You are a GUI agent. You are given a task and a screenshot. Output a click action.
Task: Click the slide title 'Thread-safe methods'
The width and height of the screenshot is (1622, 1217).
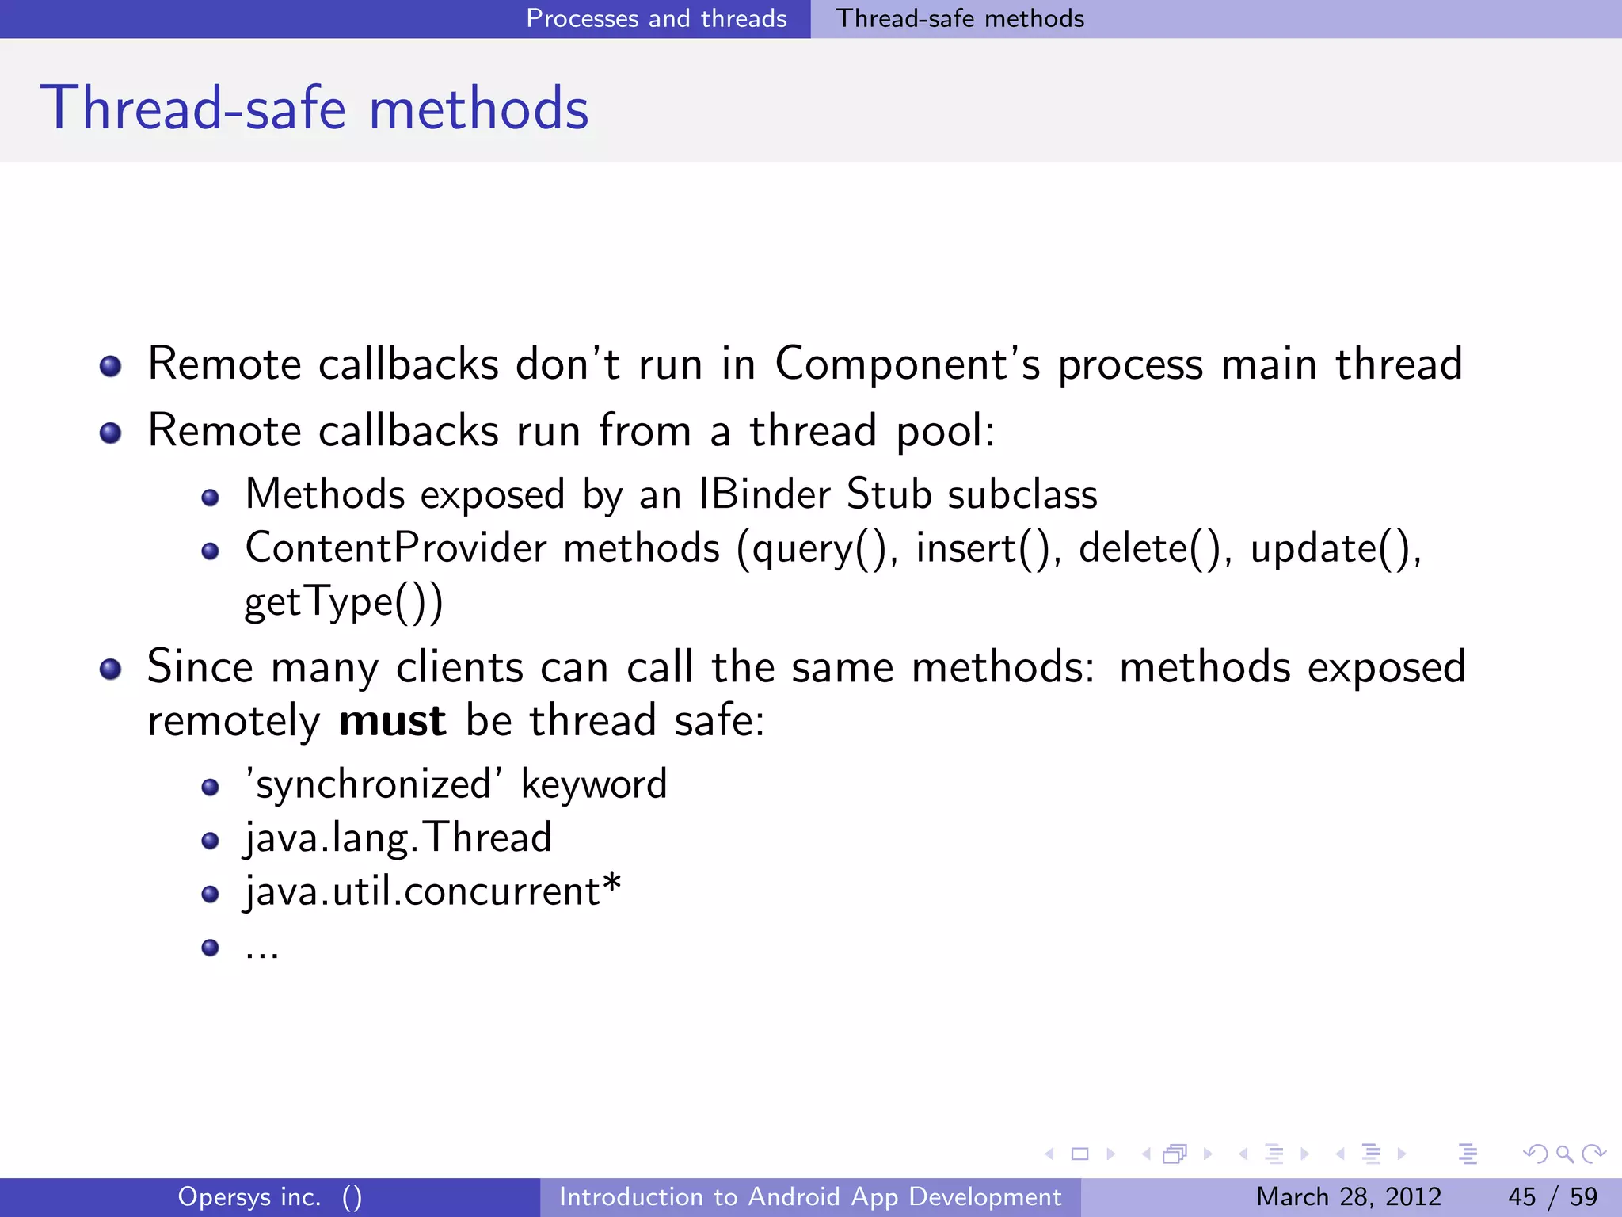314,108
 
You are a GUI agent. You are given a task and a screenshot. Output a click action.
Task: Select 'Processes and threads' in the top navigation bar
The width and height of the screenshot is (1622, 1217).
656,18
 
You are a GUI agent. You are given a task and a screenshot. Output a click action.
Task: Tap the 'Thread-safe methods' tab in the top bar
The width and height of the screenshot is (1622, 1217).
960,18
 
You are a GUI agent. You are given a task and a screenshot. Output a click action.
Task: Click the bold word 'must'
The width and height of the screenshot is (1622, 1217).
392,721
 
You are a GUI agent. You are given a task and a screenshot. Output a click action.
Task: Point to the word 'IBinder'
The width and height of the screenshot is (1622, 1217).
764,494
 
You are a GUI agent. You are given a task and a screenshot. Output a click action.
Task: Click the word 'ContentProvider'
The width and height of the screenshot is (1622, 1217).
396,548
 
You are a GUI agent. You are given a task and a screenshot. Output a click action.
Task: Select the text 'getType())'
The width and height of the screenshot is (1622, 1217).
344,602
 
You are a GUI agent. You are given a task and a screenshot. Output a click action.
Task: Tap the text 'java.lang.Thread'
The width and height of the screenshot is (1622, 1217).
398,838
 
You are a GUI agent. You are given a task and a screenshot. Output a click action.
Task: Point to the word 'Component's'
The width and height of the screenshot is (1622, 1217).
907,364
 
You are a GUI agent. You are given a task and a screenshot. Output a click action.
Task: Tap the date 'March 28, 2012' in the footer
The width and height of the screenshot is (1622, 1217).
1348,1196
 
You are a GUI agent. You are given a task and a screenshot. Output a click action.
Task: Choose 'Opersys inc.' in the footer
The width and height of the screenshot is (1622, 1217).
249,1196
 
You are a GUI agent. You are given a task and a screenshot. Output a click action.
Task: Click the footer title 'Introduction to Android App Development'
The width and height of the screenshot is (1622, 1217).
810,1196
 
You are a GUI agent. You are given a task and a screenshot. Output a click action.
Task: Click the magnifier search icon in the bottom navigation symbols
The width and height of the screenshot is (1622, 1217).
1564,1154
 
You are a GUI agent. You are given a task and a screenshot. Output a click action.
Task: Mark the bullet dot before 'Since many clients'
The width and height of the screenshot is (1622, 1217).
110,670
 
